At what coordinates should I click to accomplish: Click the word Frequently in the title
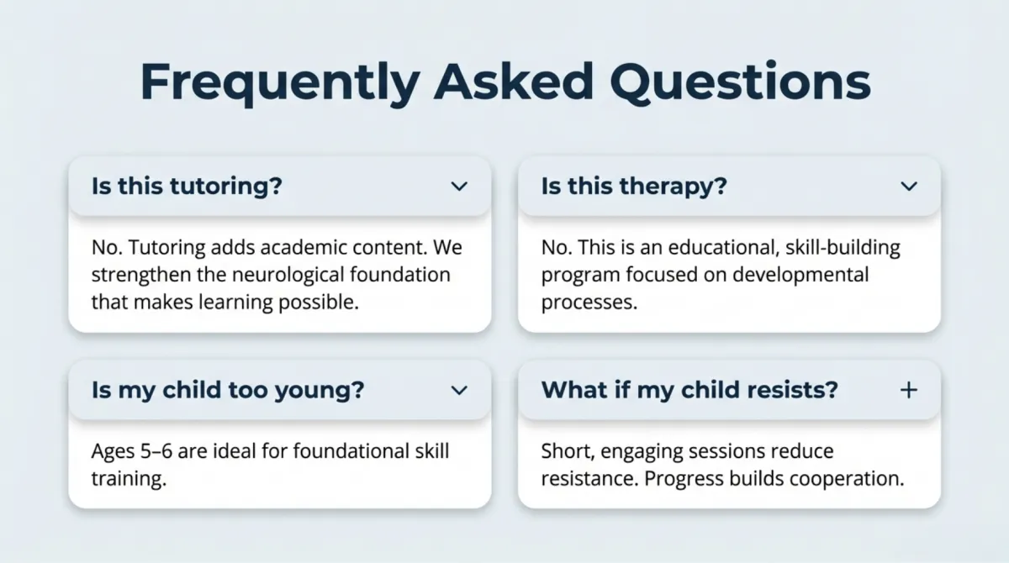[x=280, y=83]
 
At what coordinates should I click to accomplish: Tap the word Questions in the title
[x=740, y=83]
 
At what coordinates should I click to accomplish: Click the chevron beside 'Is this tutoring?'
[x=459, y=187]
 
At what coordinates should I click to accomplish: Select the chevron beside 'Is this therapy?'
[x=909, y=187]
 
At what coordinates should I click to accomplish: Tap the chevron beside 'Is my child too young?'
[x=459, y=390]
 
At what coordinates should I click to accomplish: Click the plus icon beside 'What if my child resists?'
[x=909, y=390]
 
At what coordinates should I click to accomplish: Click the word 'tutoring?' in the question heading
[x=225, y=187]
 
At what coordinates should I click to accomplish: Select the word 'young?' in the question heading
[x=320, y=391]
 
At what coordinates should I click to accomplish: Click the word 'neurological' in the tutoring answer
[x=288, y=275]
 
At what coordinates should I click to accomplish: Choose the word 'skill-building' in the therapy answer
[x=843, y=248]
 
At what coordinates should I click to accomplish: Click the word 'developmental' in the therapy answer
[x=800, y=275]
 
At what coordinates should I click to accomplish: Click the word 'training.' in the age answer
[x=129, y=479]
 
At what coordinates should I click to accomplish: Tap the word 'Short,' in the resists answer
[x=568, y=452]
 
